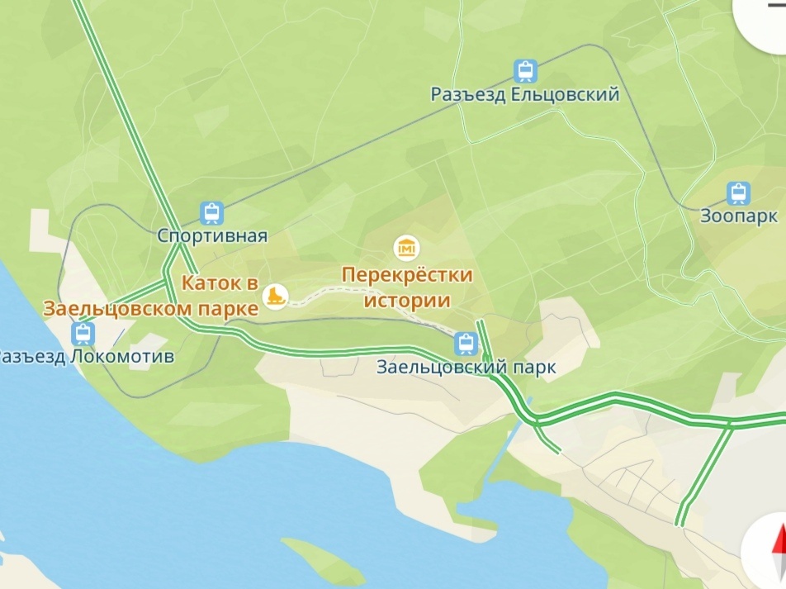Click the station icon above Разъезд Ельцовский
pyautogui.click(x=524, y=71)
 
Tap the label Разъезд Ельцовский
pyautogui.click(x=524, y=95)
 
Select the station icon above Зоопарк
pyautogui.click(x=738, y=193)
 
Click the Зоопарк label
pyautogui.click(x=738, y=216)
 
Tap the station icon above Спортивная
pyautogui.click(x=211, y=213)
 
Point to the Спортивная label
pyautogui.click(x=212, y=236)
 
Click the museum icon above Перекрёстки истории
pyautogui.click(x=406, y=247)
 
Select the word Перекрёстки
pyautogui.click(x=407, y=274)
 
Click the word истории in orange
pyautogui.click(x=407, y=299)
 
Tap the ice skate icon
pyautogui.click(x=275, y=295)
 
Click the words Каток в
pyautogui.click(x=215, y=283)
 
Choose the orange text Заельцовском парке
pyautogui.click(x=150, y=309)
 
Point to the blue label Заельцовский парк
pyautogui.click(x=466, y=367)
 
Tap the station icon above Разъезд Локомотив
pyautogui.click(x=83, y=334)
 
